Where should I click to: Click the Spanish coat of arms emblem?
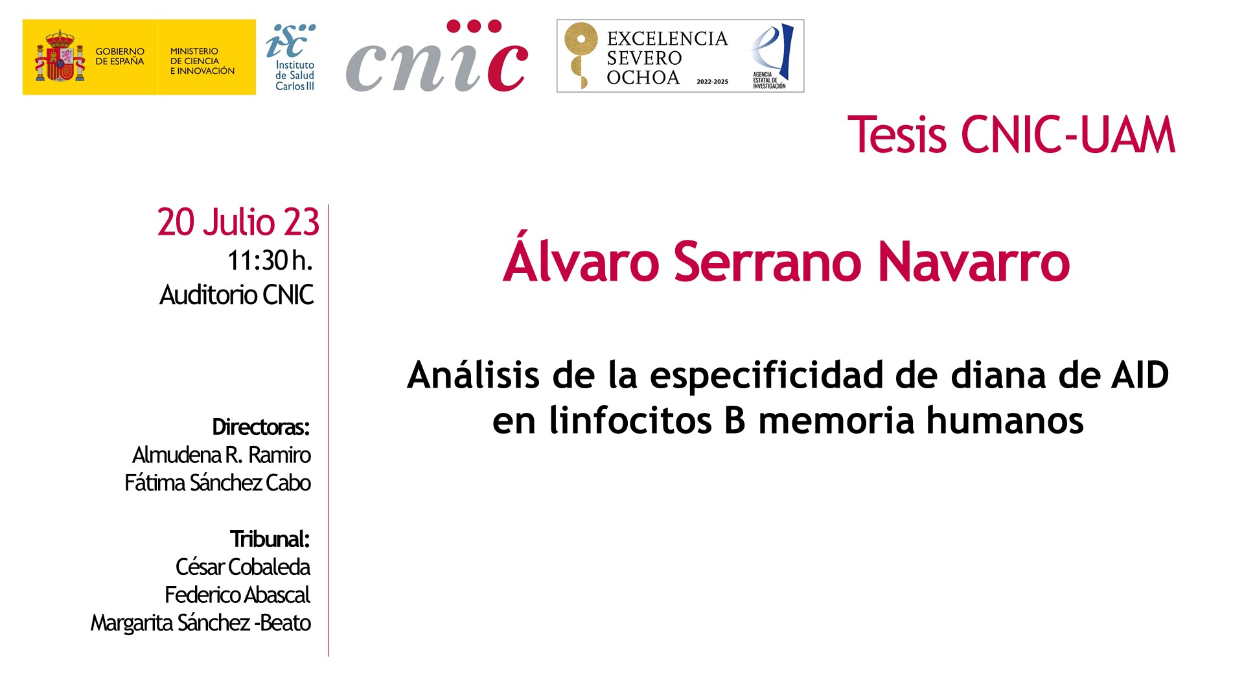click(60, 56)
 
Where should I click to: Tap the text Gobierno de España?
click(120, 56)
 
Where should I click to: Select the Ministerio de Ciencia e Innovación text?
click(202, 61)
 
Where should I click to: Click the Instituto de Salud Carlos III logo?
click(292, 57)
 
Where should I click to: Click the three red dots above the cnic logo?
click(474, 27)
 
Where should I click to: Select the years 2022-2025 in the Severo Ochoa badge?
click(712, 82)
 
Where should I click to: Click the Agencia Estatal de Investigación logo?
click(771, 56)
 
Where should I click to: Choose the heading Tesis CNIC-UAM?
click(1011, 135)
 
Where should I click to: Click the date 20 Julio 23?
click(238, 222)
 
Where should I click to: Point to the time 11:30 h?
click(270, 261)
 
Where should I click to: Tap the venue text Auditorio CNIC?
click(236, 295)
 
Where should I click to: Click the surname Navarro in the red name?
click(973, 262)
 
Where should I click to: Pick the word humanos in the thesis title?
click(1005, 420)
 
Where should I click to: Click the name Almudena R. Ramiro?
click(222, 455)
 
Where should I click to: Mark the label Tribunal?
click(270, 539)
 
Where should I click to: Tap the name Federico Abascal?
click(237, 595)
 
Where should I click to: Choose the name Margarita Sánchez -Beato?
click(201, 623)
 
